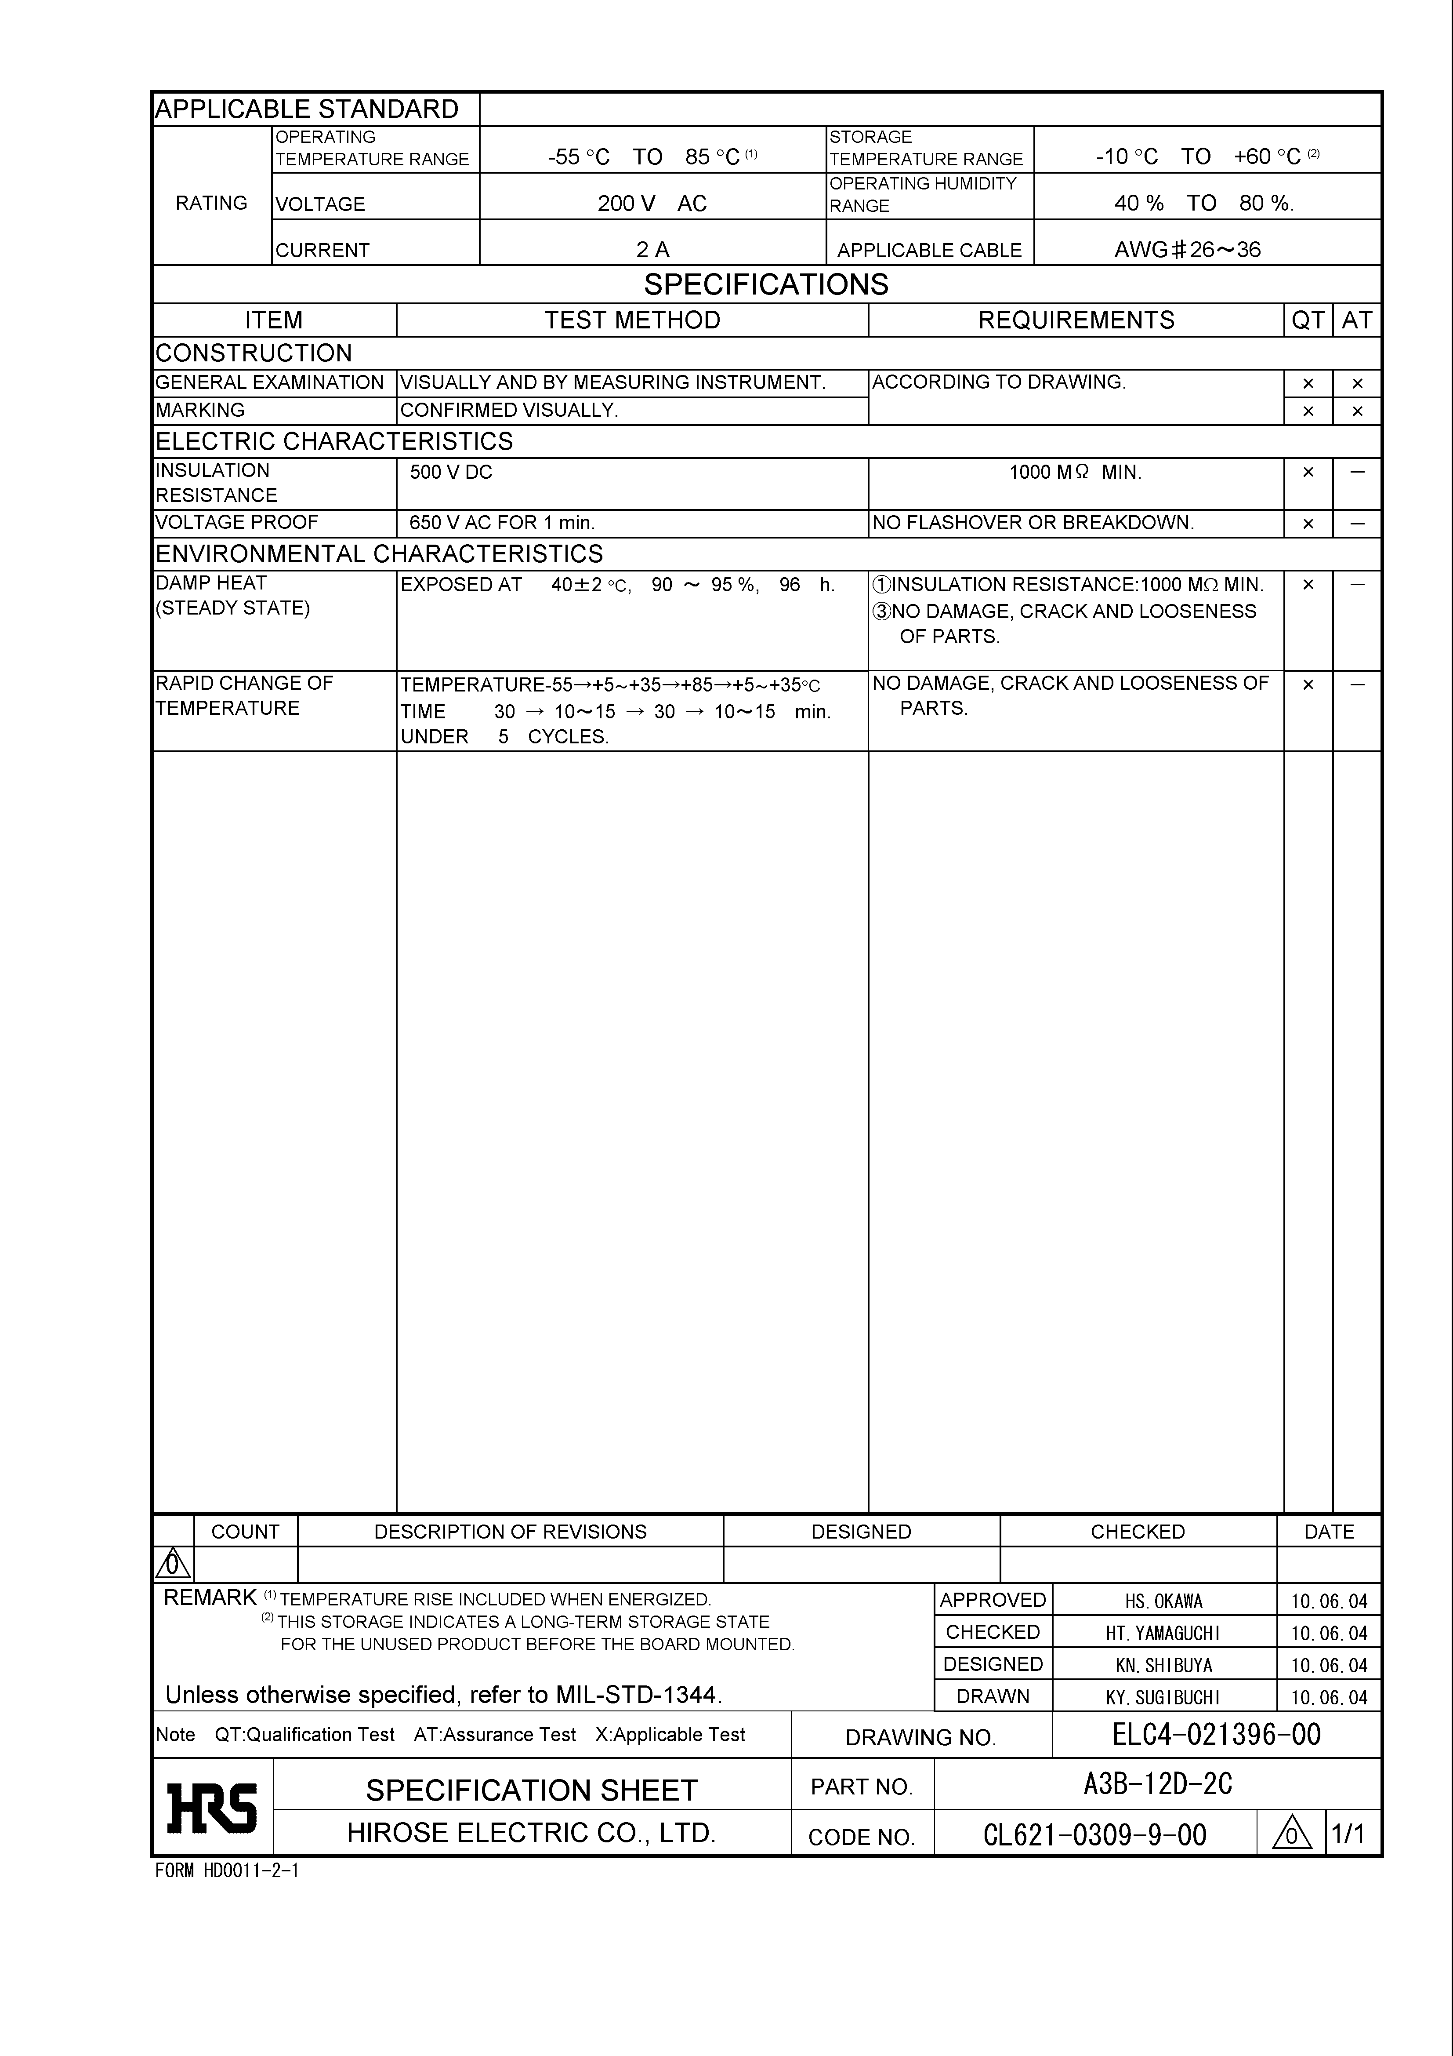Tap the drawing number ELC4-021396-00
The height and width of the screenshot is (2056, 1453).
coord(1216,1735)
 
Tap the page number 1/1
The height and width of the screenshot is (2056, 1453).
coord(1348,1834)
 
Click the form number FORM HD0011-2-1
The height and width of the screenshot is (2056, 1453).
coord(227,1870)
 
